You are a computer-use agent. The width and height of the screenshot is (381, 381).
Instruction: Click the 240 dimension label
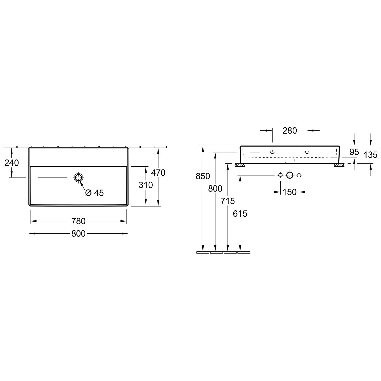[12, 163]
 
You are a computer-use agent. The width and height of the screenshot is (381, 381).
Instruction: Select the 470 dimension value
[158, 173]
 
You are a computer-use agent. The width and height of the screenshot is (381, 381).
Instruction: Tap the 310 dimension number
[146, 185]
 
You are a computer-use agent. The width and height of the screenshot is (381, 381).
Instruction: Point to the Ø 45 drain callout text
[94, 193]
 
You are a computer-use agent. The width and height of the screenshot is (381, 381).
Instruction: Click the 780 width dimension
[78, 221]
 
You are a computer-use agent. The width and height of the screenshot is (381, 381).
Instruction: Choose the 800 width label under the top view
[78, 233]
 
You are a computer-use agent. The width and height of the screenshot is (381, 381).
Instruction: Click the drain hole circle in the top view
[78, 178]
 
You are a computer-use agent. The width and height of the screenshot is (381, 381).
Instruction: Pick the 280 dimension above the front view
[290, 131]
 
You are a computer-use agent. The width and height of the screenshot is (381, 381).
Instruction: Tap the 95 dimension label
[354, 152]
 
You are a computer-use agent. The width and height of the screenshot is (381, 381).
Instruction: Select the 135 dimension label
[371, 155]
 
